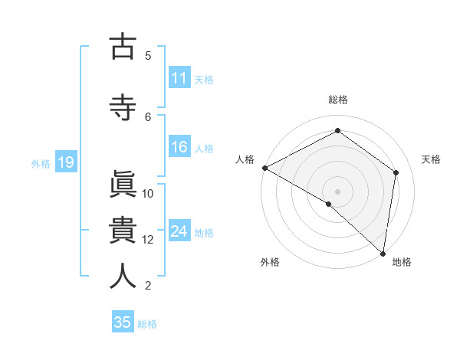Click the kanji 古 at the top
pyautogui.click(x=123, y=47)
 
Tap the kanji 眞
pyautogui.click(x=123, y=185)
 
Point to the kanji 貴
pyautogui.click(x=123, y=231)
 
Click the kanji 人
pyautogui.click(x=123, y=277)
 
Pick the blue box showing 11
pyautogui.click(x=179, y=77)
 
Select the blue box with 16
pyautogui.click(x=179, y=147)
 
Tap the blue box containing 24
pyautogui.click(x=179, y=231)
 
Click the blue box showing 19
pyautogui.click(x=65, y=162)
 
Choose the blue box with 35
pyautogui.click(x=123, y=322)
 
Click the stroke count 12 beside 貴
pyautogui.click(x=148, y=239)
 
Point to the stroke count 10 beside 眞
pyautogui.click(x=148, y=193)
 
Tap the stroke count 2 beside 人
pyautogui.click(x=148, y=286)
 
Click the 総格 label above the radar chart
pyautogui.click(x=337, y=100)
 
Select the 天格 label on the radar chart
pyautogui.click(x=432, y=159)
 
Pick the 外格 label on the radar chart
pyautogui.click(x=270, y=262)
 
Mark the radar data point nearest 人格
pyautogui.click(x=264, y=167)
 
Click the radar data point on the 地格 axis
pyautogui.click(x=383, y=253)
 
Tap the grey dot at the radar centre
pyautogui.click(x=337, y=191)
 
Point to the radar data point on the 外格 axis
pyautogui.click(x=328, y=204)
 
